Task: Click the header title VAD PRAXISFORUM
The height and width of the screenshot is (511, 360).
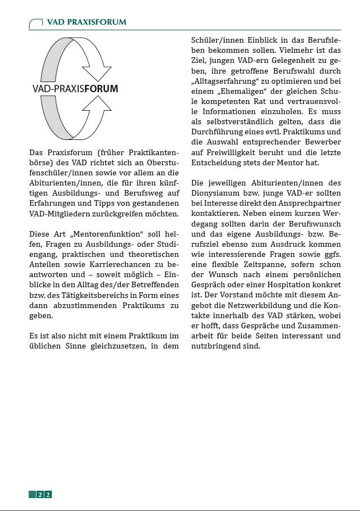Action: click(86, 22)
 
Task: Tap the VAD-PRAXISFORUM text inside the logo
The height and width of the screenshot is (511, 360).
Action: click(75, 89)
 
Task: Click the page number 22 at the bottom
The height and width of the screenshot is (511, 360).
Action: click(44, 495)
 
